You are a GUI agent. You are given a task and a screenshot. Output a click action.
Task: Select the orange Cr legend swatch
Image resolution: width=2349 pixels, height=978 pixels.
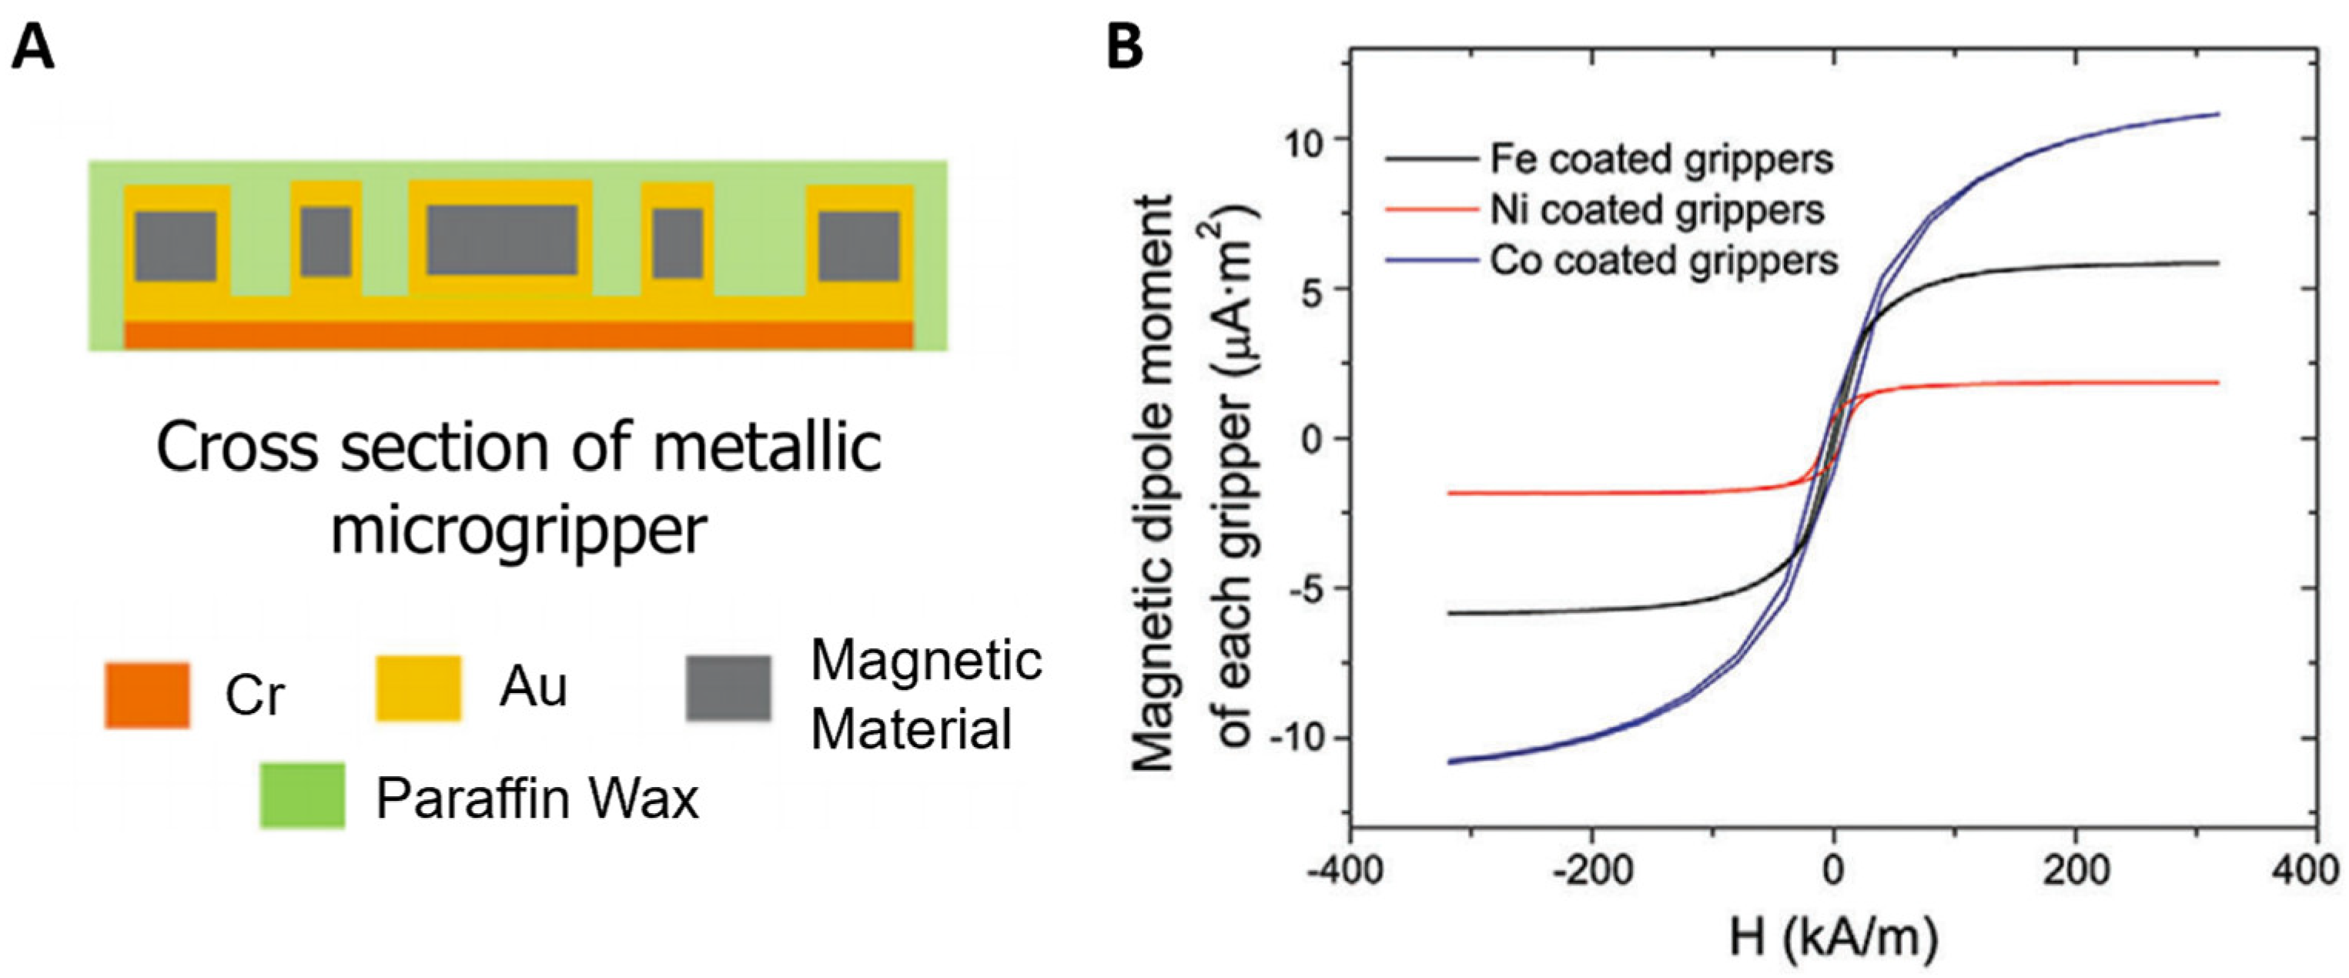tap(147, 695)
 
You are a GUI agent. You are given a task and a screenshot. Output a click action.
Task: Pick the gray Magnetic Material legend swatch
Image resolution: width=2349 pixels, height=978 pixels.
tap(728, 688)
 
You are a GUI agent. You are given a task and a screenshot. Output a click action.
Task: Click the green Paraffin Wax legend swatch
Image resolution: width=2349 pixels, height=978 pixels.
tap(302, 795)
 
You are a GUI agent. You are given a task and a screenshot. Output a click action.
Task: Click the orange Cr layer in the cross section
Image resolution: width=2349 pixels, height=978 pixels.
tap(518, 335)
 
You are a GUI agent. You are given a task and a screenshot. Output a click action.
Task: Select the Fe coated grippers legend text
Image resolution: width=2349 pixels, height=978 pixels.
tap(1661, 159)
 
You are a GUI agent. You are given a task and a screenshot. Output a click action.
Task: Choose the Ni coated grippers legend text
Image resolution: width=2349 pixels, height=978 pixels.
tap(1656, 209)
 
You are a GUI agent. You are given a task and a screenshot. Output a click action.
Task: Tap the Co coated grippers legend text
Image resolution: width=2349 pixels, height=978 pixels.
tap(1663, 261)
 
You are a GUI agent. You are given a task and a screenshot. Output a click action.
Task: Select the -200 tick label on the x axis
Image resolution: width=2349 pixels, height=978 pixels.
tap(1591, 870)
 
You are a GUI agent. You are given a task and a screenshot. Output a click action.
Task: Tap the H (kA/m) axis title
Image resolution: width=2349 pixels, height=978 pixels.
tap(1833, 938)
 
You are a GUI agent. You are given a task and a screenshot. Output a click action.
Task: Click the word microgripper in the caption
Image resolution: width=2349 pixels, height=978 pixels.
tap(518, 531)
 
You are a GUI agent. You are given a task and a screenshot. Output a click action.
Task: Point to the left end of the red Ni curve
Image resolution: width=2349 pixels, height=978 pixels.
tap(1451, 493)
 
